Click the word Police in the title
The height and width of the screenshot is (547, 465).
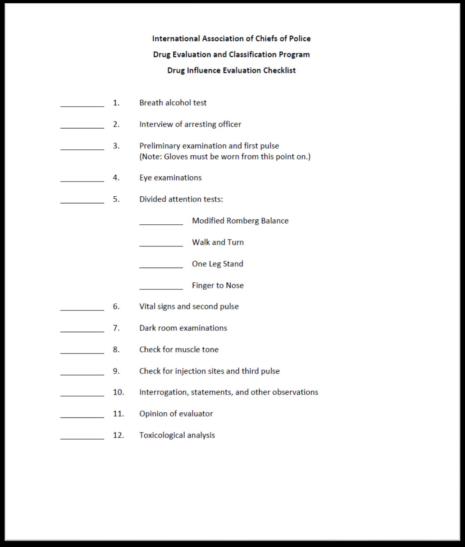(x=300, y=39)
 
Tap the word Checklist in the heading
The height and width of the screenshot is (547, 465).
(x=279, y=70)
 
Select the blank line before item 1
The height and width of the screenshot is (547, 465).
(x=82, y=105)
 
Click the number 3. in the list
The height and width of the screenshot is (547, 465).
(x=116, y=146)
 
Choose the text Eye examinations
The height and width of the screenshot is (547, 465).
(x=171, y=178)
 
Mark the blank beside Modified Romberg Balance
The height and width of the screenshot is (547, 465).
(x=161, y=223)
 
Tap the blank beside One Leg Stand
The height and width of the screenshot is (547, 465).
(x=161, y=266)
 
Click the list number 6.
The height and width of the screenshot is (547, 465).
(x=116, y=306)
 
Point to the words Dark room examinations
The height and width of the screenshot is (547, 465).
(x=183, y=328)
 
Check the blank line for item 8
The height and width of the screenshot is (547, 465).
(x=82, y=352)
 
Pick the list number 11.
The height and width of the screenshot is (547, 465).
(x=118, y=414)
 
